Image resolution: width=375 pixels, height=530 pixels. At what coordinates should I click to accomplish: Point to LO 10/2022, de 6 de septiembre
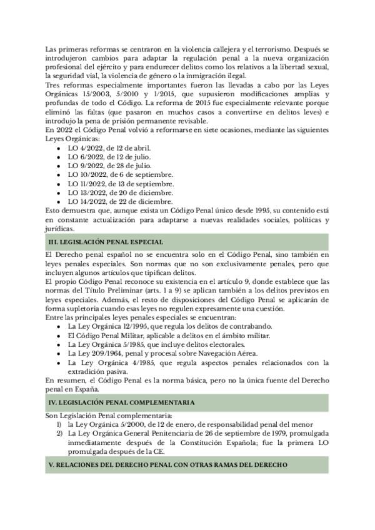[121, 174]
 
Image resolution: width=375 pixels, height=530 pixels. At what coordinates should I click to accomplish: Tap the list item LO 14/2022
[120, 201]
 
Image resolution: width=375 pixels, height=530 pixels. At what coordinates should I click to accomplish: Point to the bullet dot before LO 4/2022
[58, 148]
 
